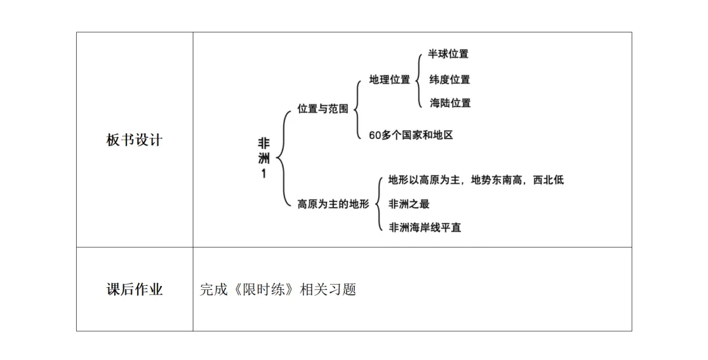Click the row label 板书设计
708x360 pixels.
click(134, 140)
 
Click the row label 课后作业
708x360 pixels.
click(134, 289)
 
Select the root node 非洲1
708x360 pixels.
click(264, 158)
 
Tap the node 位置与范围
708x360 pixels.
click(323, 109)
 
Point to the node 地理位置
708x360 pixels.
click(389, 80)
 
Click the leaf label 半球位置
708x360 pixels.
click(448, 54)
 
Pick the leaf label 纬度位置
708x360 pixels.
click(450, 80)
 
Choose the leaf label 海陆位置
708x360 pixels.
click(450, 103)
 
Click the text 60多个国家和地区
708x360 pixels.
click(411, 135)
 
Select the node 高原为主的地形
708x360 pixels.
click(334, 204)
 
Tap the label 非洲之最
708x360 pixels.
click(409, 204)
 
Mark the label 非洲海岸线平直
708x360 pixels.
click(425, 228)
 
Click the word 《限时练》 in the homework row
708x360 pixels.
click(262, 289)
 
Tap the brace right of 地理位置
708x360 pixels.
click(418, 79)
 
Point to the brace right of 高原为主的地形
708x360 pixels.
click(379, 203)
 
